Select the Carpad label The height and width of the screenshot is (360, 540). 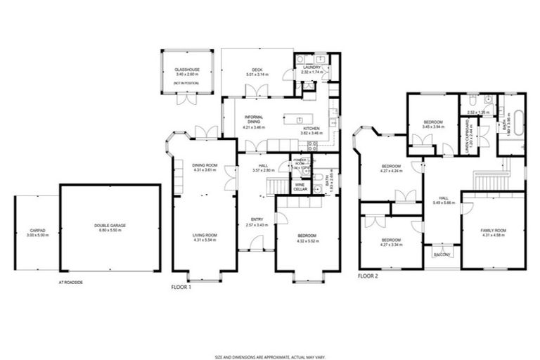click(37, 230)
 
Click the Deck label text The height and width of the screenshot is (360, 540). click(257, 69)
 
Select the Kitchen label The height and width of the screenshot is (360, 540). click(310, 129)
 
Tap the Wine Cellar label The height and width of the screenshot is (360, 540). click(300, 188)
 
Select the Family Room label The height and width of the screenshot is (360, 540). click(493, 231)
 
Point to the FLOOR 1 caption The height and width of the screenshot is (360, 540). click(181, 287)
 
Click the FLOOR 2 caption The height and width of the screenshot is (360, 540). click(368, 276)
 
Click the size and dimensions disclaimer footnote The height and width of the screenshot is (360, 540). click(269, 337)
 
